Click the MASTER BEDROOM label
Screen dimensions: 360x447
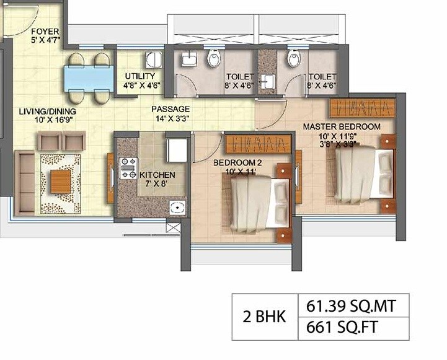[x=341, y=127]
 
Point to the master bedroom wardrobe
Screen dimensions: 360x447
[x=362, y=108]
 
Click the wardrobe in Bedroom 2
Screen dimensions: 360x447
[x=257, y=145]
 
